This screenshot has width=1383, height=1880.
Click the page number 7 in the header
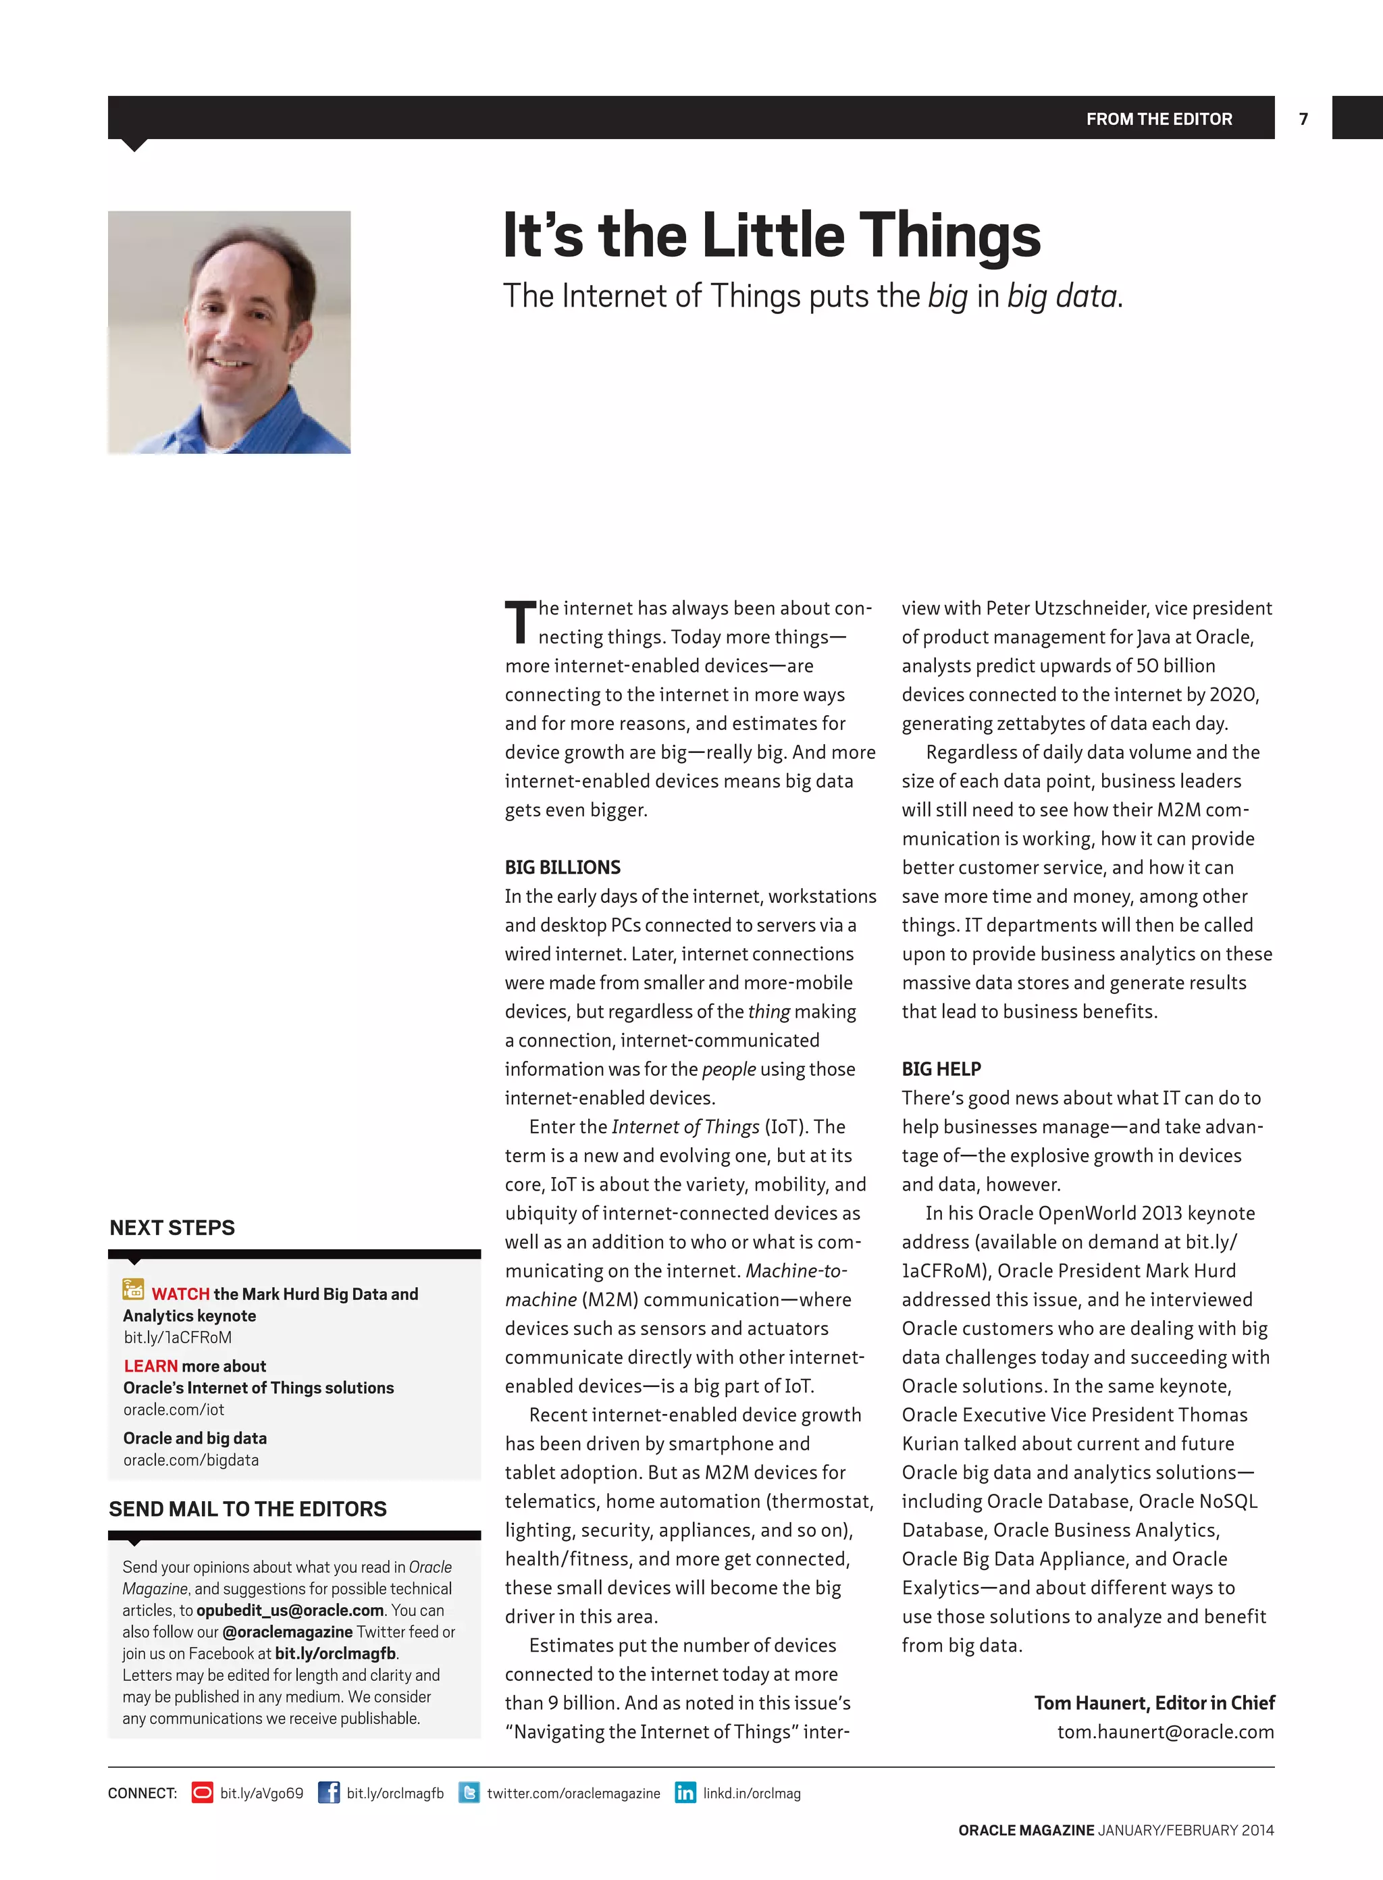(1303, 119)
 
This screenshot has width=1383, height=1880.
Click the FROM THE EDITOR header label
(1159, 119)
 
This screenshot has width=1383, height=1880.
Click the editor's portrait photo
(230, 332)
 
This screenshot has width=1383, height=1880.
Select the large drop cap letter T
(520, 622)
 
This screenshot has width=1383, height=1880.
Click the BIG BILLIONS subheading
(563, 867)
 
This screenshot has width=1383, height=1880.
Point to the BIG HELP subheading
(941, 1069)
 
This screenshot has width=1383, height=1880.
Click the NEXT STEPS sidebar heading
(172, 1228)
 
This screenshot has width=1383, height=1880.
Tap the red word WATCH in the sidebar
(181, 1294)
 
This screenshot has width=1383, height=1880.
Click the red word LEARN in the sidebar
(151, 1366)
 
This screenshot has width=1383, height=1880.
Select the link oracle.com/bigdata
(191, 1460)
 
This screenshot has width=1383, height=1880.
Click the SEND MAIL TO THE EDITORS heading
(248, 1509)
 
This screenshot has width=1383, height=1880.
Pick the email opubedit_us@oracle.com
(290, 1611)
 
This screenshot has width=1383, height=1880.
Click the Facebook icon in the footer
(329, 1793)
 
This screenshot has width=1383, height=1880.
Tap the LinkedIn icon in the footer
(685, 1793)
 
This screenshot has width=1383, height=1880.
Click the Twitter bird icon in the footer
(469, 1793)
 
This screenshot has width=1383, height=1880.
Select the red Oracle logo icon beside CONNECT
(202, 1793)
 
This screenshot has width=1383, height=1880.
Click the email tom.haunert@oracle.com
(1166, 1732)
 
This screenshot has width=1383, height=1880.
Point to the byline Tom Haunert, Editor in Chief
(1153, 1702)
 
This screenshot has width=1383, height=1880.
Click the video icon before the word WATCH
(133, 1290)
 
